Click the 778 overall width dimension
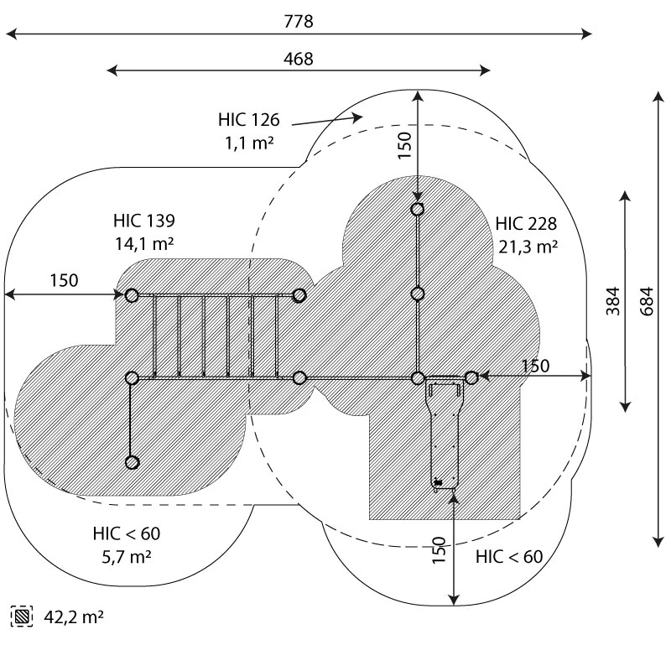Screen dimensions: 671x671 (298, 22)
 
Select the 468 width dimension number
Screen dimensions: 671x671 (298, 59)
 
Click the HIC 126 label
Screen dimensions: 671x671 (247, 120)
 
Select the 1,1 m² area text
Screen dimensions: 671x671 (249, 143)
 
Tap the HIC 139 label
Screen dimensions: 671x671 (144, 221)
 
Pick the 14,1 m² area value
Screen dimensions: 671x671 (144, 245)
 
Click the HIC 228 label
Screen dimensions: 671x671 (526, 224)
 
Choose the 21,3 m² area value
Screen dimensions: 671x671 (526, 247)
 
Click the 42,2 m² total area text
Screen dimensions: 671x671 (74, 617)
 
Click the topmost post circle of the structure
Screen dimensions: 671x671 (418, 210)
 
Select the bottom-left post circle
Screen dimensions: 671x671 (132, 462)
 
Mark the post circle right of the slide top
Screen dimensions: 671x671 (471, 378)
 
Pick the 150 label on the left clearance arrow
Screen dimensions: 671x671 (64, 280)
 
